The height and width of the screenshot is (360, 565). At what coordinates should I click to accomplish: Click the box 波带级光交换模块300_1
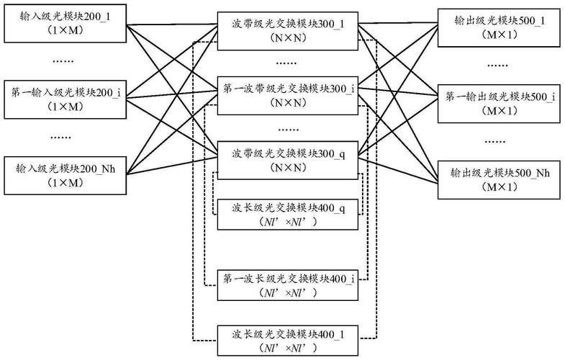point(288,30)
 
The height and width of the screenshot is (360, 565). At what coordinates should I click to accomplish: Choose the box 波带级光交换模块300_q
point(288,160)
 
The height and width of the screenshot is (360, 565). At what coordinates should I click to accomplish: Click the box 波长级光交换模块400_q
point(288,214)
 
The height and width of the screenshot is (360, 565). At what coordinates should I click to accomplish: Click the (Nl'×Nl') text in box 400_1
point(288,349)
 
